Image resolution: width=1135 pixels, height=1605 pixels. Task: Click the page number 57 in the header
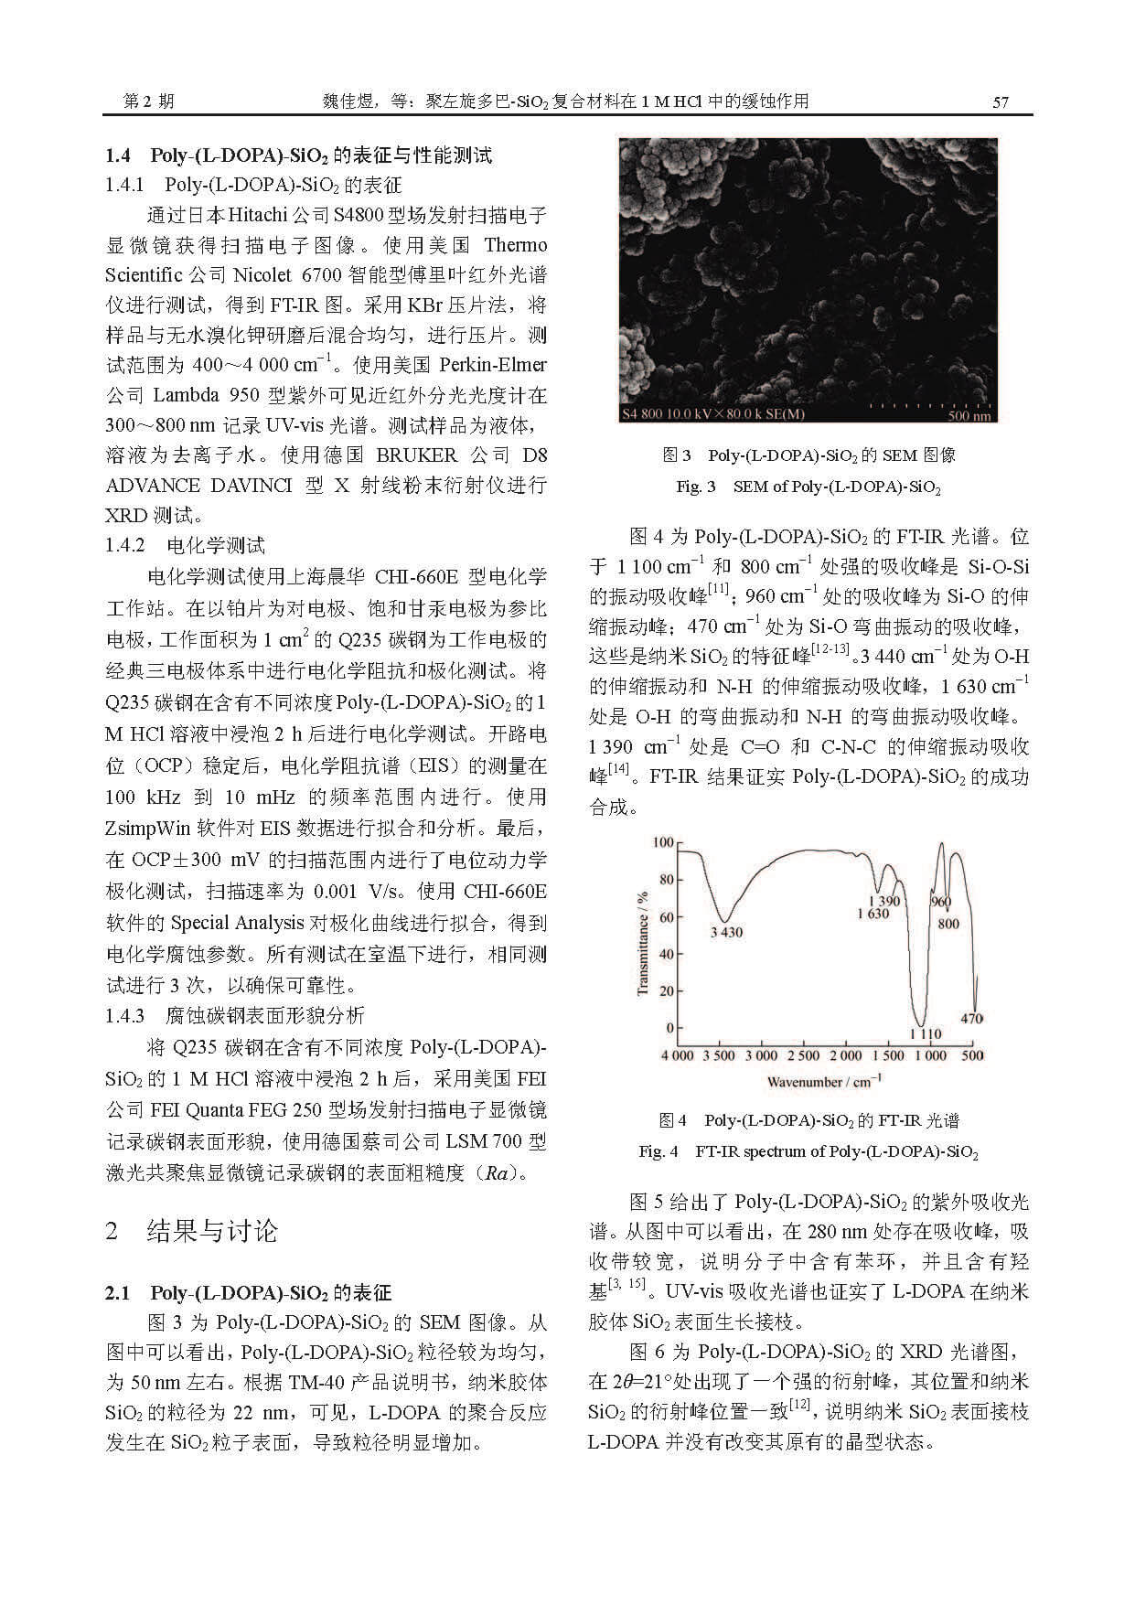point(1000,102)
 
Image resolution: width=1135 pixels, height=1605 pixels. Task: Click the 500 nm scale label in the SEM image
point(969,416)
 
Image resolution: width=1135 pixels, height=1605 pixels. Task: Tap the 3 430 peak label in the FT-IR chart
point(726,932)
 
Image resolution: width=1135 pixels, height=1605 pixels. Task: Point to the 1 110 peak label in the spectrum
point(925,1034)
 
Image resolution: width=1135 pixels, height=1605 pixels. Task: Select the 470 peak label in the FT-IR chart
point(972,1018)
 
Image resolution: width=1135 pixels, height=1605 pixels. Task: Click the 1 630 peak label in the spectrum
point(873,914)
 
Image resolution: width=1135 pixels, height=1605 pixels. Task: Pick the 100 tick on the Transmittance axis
point(662,842)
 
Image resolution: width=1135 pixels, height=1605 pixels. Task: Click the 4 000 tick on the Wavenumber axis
point(677,1055)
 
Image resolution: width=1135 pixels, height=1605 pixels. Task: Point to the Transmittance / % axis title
point(642,944)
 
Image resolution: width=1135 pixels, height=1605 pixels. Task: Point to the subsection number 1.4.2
point(125,546)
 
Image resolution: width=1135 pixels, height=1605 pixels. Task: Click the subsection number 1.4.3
point(125,1015)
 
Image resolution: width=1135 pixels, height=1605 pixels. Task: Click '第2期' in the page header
point(149,102)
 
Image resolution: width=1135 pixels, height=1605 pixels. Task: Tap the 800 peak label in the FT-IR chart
point(948,923)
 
